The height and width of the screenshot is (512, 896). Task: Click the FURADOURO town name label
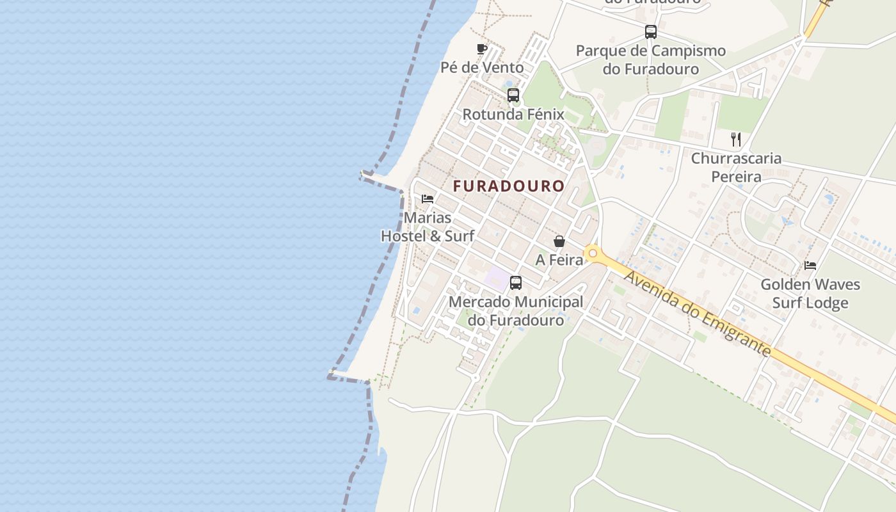click(x=509, y=186)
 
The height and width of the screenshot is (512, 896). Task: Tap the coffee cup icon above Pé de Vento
click(x=482, y=49)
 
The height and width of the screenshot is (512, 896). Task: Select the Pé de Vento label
click(x=482, y=67)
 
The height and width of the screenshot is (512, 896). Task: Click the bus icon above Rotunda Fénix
click(x=513, y=95)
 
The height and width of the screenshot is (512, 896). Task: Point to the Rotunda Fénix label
click(x=513, y=115)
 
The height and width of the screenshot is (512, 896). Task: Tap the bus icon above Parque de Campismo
click(x=651, y=32)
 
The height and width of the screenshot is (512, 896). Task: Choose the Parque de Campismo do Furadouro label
click(x=651, y=60)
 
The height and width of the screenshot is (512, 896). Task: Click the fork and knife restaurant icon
click(x=736, y=139)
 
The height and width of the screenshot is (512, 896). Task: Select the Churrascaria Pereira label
click(x=736, y=167)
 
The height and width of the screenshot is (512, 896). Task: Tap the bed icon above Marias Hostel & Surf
click(x=428, y=199)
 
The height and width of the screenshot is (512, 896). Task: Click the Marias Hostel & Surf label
click(x=428, y=227)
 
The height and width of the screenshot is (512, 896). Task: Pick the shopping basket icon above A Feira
click(x=559, y=241)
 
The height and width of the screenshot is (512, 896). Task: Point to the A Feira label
click(x=559, y=260)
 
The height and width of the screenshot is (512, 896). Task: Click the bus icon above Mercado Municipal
click(x=516, y=282)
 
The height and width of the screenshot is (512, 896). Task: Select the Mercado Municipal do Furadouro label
click(x=516, y=310)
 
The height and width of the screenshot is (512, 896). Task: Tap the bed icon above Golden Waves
click(x=810, y=265)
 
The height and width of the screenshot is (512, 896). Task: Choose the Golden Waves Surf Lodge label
click(x=810, y=293)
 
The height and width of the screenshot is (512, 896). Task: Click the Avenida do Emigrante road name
click(x=698, y=314)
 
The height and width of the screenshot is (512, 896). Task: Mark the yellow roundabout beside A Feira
click(x=593, y=253)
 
